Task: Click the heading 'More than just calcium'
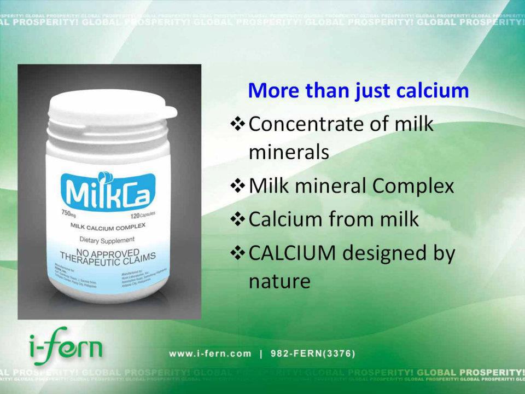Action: pyautogui.click(x=358, y=90)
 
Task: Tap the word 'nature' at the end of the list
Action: pyautogui.click(x=279, y=281)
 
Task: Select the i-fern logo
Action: pyautogui.click(x=65, y=346)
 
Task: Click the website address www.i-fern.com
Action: pyautogui.click(x=210, y=354)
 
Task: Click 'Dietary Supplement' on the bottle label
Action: pyautogui.click(x=107, y=240)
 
